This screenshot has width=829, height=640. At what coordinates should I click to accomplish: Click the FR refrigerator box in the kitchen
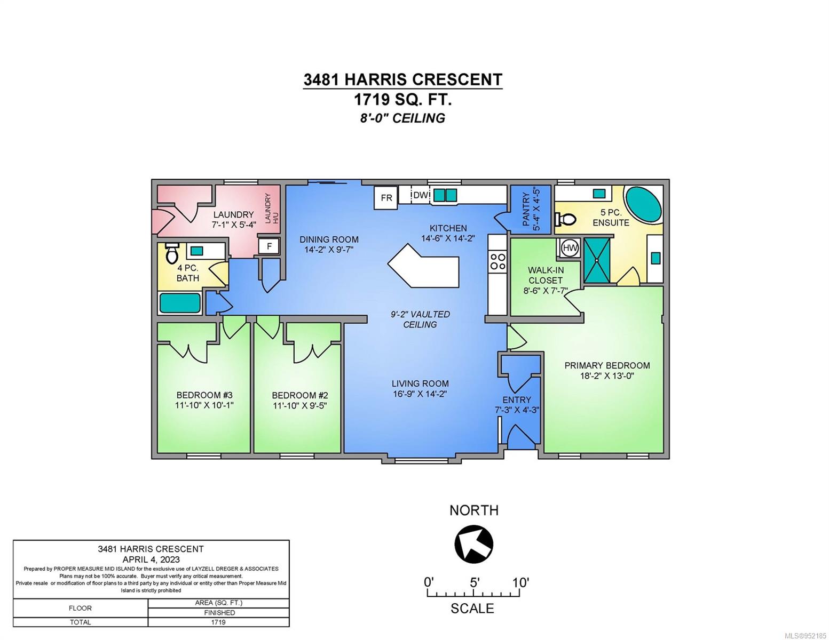[x=386, y=197]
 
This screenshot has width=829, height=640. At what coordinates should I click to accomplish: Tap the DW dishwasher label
[x=421, y=195]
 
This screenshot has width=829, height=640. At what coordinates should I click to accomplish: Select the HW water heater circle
[x=570, y=248]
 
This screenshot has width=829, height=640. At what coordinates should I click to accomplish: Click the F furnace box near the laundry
[x=270, y=246]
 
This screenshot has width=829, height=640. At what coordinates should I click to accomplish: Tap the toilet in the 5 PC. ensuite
[x=566, y=219]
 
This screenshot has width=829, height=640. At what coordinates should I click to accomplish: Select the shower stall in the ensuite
[x=597, y=261]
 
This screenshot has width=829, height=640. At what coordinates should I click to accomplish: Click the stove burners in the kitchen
[x=498, y=261]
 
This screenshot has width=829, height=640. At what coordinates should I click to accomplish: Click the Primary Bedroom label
[x=607, y=365]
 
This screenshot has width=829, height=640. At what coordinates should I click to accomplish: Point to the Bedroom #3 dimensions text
[x=204, y=405]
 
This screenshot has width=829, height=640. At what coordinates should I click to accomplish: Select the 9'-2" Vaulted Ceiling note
[x=420, y=319]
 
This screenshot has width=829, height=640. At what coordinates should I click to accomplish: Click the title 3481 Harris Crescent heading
[x=402, y=79]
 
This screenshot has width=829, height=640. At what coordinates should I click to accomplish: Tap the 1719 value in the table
[x=218, y=622]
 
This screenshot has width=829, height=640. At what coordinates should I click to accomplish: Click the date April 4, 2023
[x=151, y=559]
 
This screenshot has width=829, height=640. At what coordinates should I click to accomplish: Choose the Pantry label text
[x=526, y=209]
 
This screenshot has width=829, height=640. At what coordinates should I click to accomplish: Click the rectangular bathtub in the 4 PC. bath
[x=180, y=302]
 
